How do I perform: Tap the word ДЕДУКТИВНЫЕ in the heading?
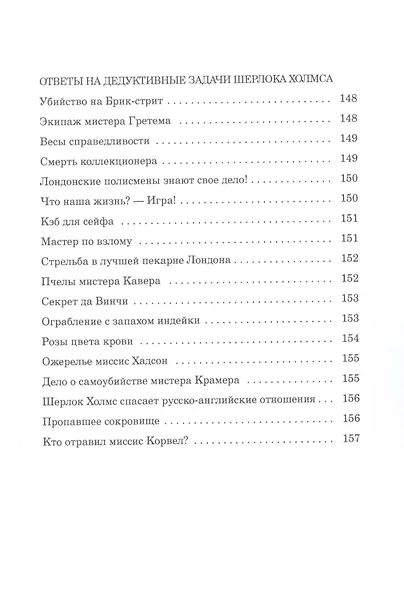[148, 79]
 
